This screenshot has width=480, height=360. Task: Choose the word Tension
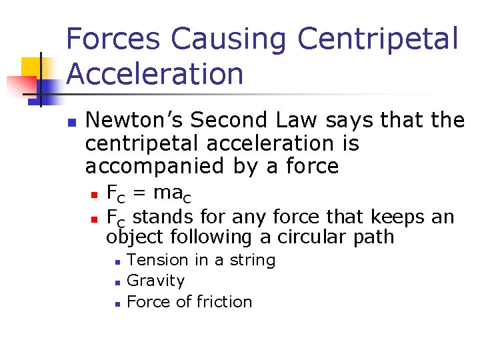pos(154,260)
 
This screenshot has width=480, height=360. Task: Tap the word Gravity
pos(155,281)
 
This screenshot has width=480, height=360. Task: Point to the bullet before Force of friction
pos(116,303)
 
